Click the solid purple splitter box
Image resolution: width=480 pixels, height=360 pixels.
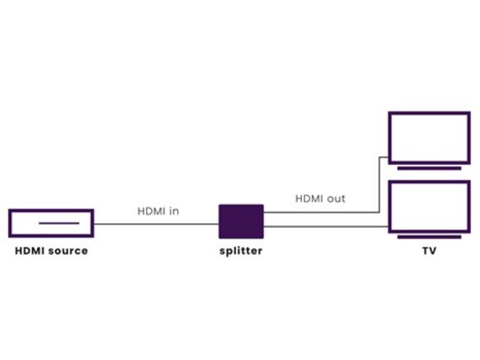coord(241,221)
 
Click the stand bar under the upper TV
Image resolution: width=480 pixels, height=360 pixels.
coord(429,168)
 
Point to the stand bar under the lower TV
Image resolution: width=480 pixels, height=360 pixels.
coord(429,237)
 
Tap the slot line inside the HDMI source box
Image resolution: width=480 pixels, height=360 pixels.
coord(59,223)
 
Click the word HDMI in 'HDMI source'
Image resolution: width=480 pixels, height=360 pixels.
coord(30,251)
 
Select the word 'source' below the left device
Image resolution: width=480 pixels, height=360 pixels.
coord(68,251)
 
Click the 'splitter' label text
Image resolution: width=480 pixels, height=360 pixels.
coord(241,251)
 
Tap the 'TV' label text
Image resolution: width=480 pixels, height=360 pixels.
coord(429,251)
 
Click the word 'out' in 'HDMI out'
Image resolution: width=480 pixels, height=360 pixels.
coord(336,199)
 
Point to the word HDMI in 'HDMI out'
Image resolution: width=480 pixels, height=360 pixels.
coord(309,199)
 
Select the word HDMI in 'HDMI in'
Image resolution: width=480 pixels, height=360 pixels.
coord(151,211)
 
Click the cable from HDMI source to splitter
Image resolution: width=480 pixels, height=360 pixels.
coord(156,224)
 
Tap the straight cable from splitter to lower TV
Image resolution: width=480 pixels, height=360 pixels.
coord(326,227)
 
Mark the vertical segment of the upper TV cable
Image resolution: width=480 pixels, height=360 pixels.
coord(380,185)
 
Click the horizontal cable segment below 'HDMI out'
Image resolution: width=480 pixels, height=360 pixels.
coord(322,212)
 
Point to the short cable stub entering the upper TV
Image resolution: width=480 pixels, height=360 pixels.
coord(384,157)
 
